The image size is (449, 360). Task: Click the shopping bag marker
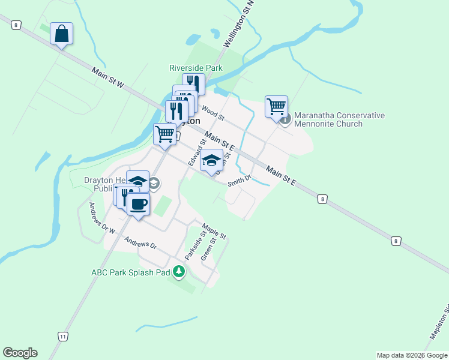(x=62, y=34)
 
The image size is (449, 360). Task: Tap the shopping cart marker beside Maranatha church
(x=276, y=107)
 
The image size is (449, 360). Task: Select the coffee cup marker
(x=138, y=204)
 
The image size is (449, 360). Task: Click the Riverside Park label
(x=196, y=68)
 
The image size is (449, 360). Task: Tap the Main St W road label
(x=108, y=79)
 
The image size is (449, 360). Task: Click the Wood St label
(x=212, y=112)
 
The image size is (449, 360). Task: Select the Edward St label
(x=197, y=152)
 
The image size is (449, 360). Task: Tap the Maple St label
(x=214, y=230)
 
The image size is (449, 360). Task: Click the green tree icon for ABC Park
(x=178, y=272)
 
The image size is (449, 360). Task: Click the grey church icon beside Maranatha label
(x=286, y=119)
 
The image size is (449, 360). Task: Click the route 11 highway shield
(x=63, y=336)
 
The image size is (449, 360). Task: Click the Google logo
(x=20, y=353)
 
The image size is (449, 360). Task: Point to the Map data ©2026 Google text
(x=411, y=355)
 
